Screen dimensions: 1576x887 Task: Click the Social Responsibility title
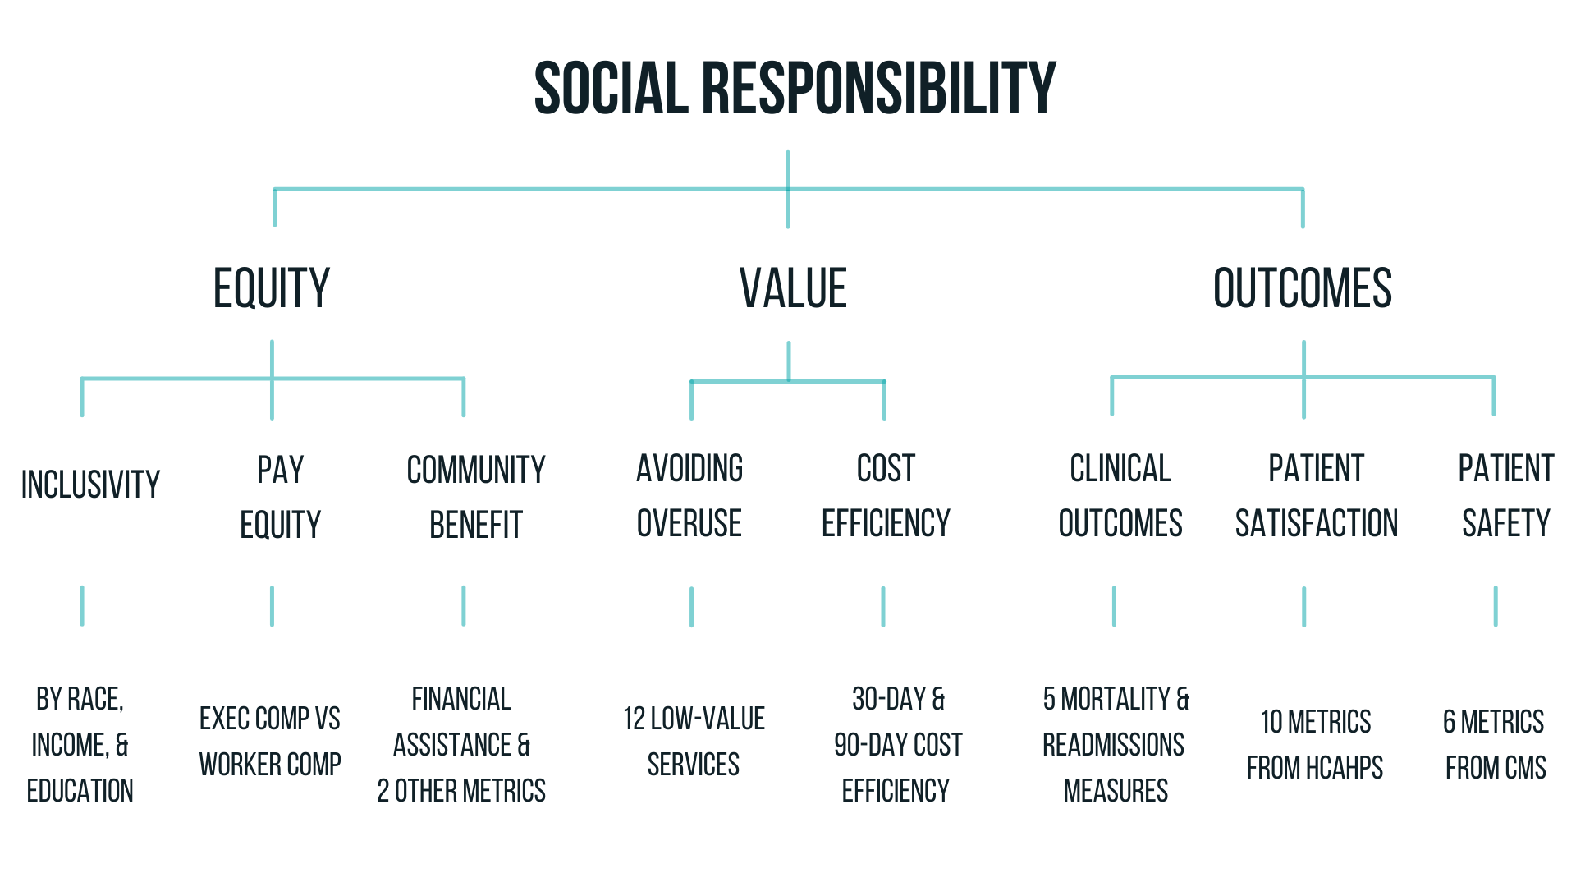tap(795, 88)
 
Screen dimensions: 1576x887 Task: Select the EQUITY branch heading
tap(272, 288)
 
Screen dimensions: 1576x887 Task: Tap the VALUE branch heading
tap(793, 288)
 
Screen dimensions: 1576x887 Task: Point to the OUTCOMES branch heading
tap(1303, 288)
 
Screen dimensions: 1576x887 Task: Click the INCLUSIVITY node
tap(90, 485)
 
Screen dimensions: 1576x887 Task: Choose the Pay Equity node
tap(281, 497)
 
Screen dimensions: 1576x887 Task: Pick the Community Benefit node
tap(476, 497)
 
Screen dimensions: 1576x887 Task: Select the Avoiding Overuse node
tap(689, 495)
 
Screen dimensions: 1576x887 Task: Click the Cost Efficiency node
tap(886, 495)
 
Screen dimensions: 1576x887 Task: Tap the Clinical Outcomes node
tap(1120, 495)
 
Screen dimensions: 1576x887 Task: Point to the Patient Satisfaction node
tap(1317, 495)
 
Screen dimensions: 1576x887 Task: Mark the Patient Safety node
tap(1506, 495)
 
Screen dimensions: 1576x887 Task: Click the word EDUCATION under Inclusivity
tap(80, 791)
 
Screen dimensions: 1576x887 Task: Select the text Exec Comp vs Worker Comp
tap(270, 742)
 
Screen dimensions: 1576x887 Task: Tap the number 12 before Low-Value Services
tap(635, 719)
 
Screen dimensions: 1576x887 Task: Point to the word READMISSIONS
tap(1113, 745)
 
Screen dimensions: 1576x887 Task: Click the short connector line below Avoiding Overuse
tap(691, 607)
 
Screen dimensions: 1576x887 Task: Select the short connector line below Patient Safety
tap(1496, 606)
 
